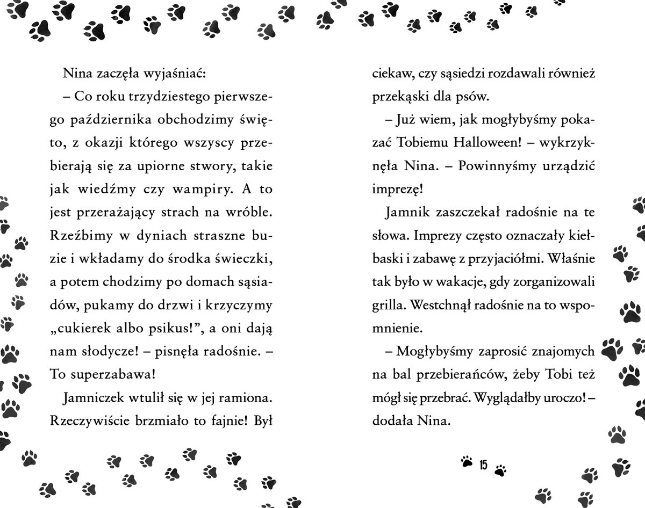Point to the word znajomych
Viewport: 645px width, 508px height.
point(559,352)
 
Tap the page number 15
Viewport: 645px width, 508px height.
point(483,465)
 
